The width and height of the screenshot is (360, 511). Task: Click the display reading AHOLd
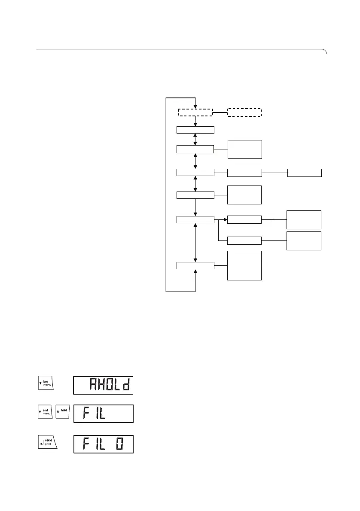tap(103, 385)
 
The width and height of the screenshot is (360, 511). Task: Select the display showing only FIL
tap(103, 414)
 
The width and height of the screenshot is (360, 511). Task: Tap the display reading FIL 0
tap(103, 444)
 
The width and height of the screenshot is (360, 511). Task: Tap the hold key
tap(63, 413)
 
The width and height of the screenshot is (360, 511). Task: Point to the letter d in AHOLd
tap(125, 386)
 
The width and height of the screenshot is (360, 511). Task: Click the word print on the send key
tap(49, 446)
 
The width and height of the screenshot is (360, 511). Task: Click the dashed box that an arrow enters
tap(195, 113)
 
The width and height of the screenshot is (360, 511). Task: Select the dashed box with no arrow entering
tap(244, 113)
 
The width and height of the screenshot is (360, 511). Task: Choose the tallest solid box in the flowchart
tap(244, 265)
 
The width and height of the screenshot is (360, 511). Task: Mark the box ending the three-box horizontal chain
tap(305, 173)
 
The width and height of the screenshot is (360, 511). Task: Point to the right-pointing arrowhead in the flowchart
tap(225, 219)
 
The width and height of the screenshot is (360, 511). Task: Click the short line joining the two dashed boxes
tap(220, 113)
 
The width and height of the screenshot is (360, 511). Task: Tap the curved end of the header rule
tap(325, 52)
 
